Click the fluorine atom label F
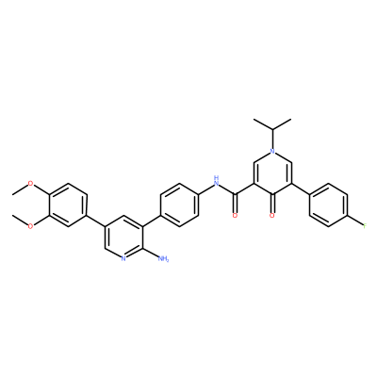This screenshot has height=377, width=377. (365, 226)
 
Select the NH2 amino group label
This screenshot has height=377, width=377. (163, 258)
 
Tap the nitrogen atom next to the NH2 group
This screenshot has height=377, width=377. (123, 258)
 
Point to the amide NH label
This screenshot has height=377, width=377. (216, 181)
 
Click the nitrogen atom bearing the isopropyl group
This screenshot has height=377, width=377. (272, 152)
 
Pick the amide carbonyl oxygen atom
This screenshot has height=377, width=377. (235, 216)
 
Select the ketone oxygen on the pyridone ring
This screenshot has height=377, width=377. (272, 216)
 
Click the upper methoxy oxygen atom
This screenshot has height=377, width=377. (30, 184)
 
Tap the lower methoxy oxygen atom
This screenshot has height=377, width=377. (30, 226)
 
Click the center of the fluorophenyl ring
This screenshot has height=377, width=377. (329, 205)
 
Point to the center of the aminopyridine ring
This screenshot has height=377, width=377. (124, 237)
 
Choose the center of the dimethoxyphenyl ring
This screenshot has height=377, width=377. (67, 205)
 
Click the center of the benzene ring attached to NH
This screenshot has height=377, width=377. (180, 205)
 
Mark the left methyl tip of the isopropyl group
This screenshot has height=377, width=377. (254, 120)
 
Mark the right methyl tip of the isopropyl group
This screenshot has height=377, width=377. (291, 120)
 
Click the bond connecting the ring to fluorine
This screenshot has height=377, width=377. (355, 221)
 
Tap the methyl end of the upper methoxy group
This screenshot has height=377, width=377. (12, 194)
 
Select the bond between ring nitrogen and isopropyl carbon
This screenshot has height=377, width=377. (272, 139)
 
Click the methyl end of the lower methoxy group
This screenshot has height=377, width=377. (12, 216)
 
